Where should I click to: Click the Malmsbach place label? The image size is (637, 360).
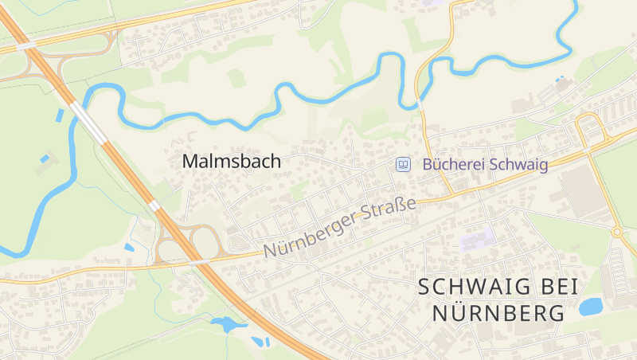[231, 161]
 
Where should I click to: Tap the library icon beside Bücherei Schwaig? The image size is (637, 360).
[404, 164]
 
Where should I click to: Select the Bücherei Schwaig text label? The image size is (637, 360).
[485, 165]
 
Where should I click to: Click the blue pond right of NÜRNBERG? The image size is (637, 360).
[591, 307]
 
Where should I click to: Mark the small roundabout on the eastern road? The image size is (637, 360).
[617, 232]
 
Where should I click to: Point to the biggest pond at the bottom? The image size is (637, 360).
[225, 324]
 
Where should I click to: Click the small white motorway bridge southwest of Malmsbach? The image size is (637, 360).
[154, 205]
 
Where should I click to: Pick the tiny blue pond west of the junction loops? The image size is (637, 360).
[129, 247]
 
